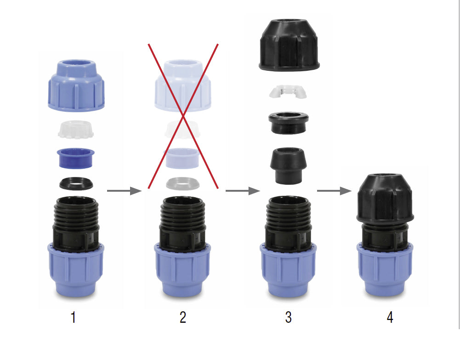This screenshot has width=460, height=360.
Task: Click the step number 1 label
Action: tap(73, 317)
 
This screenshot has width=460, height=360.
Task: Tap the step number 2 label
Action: tap(183, 317)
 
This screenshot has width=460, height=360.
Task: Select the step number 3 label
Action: tap(288, 317)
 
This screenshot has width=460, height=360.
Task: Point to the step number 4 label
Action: tap(390, 317)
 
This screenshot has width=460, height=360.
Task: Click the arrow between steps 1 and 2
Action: tap(124, 190)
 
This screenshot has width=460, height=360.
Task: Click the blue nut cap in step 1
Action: tap(76, 86)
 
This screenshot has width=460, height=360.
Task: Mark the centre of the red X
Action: tap(183, 116)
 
